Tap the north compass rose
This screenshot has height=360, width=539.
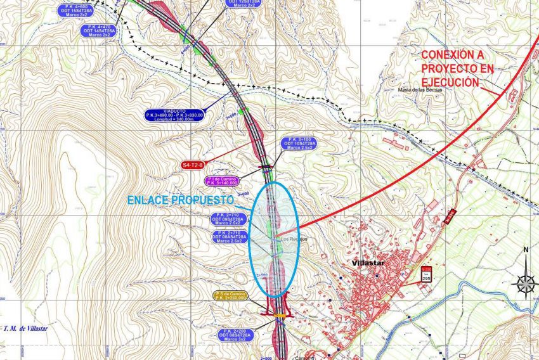pyautogui.click(x=525, y=282)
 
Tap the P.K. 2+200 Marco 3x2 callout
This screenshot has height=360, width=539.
pyautogui.click(x=235, y=335)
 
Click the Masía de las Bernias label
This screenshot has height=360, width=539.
pyautogui.click(x=419, y=90)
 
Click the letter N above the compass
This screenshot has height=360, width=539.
pyautogui.click(x=526, y=249)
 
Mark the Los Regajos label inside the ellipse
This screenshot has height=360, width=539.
pyautogui.click(x=288, y=238)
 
